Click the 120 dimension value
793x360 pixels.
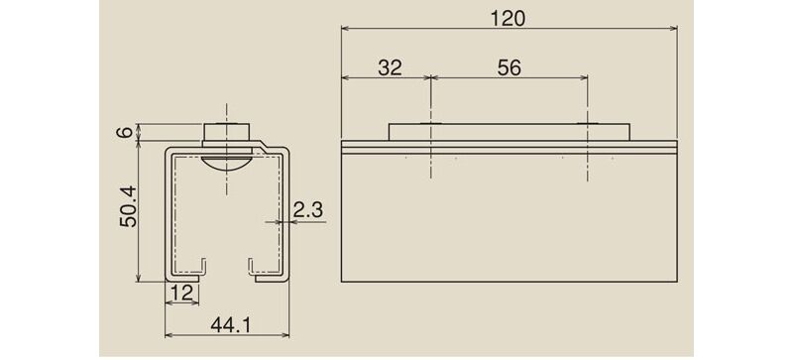[508, 18]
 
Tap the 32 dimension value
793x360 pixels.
[390, 67]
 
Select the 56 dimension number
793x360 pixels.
[509, 67]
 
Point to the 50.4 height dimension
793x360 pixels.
[128, 206]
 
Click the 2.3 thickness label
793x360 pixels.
[307, 209]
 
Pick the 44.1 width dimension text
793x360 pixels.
[231, 325]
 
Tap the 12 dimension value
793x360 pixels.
[182, 293]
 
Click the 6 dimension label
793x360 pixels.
[127, 132]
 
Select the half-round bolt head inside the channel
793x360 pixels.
[226, 162]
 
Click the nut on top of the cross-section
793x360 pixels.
[227, 132]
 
